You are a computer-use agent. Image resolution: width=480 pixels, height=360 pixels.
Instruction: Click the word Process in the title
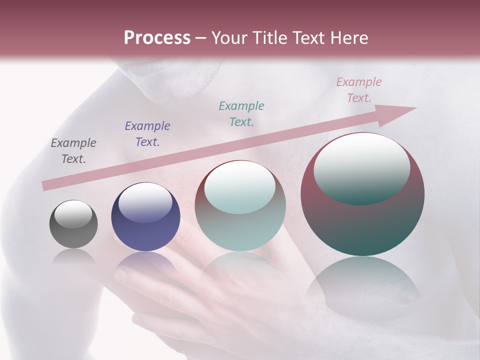(x=157, y=38)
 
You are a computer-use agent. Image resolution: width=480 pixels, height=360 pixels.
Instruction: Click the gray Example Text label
(x=73, y=150)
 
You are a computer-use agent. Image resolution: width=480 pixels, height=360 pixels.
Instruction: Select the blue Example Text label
(x=147, y=133)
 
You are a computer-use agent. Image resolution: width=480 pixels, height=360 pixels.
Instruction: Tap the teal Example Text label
(x=241, y=113)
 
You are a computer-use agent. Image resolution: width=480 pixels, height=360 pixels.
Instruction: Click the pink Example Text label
(x=358, y=89)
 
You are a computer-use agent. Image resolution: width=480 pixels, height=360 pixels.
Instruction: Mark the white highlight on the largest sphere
(x=361, y=167)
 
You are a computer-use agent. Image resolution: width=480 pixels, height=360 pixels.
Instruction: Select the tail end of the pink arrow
(x=46, y=185)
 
